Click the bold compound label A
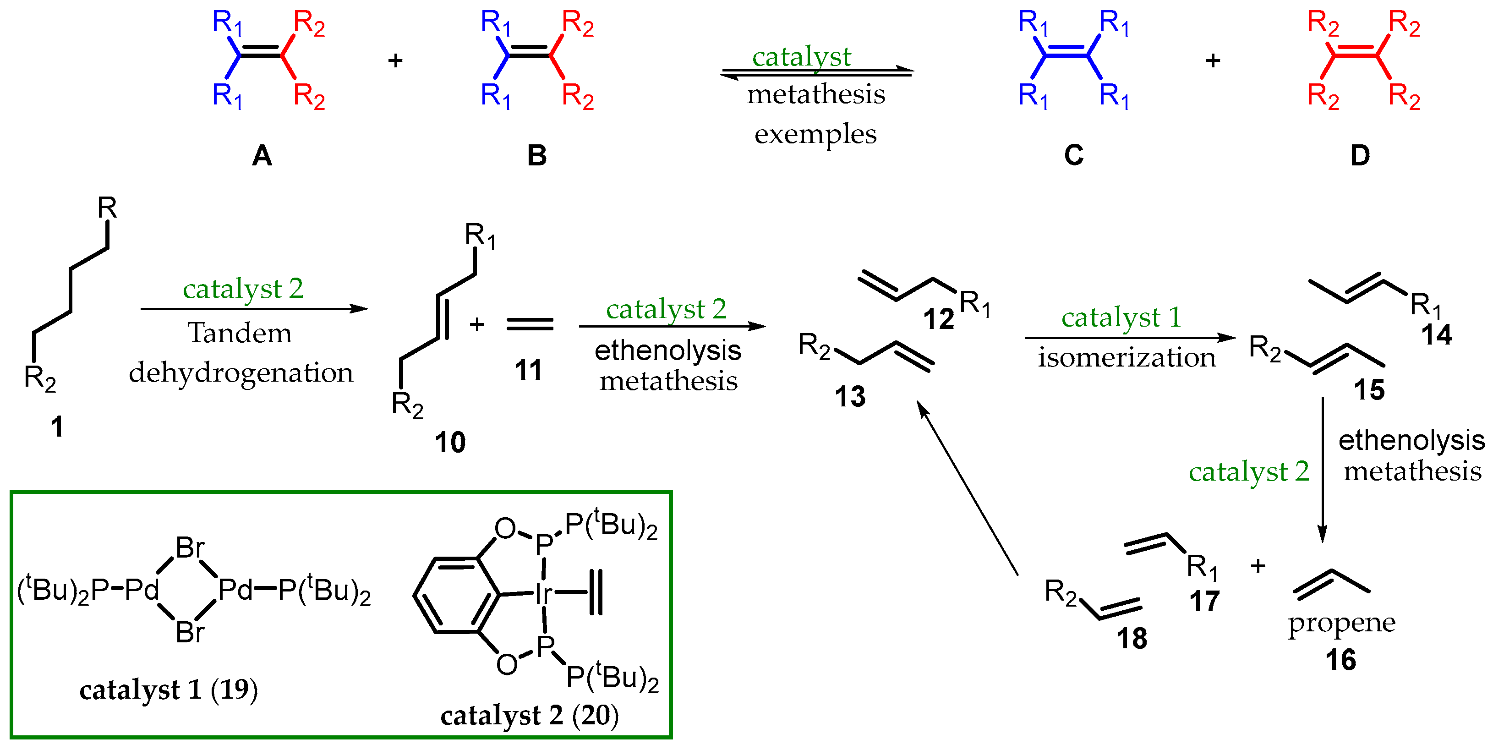(262, 155)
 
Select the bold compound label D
(1360, 155)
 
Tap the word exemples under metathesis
(815, 134)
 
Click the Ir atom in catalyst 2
(543, 593)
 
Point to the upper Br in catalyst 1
(190, 547)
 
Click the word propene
(1341, 623)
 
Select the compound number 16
(1340, 660)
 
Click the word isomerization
(1127, 358)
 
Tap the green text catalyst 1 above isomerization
(1121, 317)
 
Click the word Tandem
(240, 333)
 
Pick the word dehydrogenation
(241, 372)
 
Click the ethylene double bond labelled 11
(530, 324)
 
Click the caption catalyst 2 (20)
(529, 716)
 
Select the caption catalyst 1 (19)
(169, 690)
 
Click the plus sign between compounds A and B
(395, 60)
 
